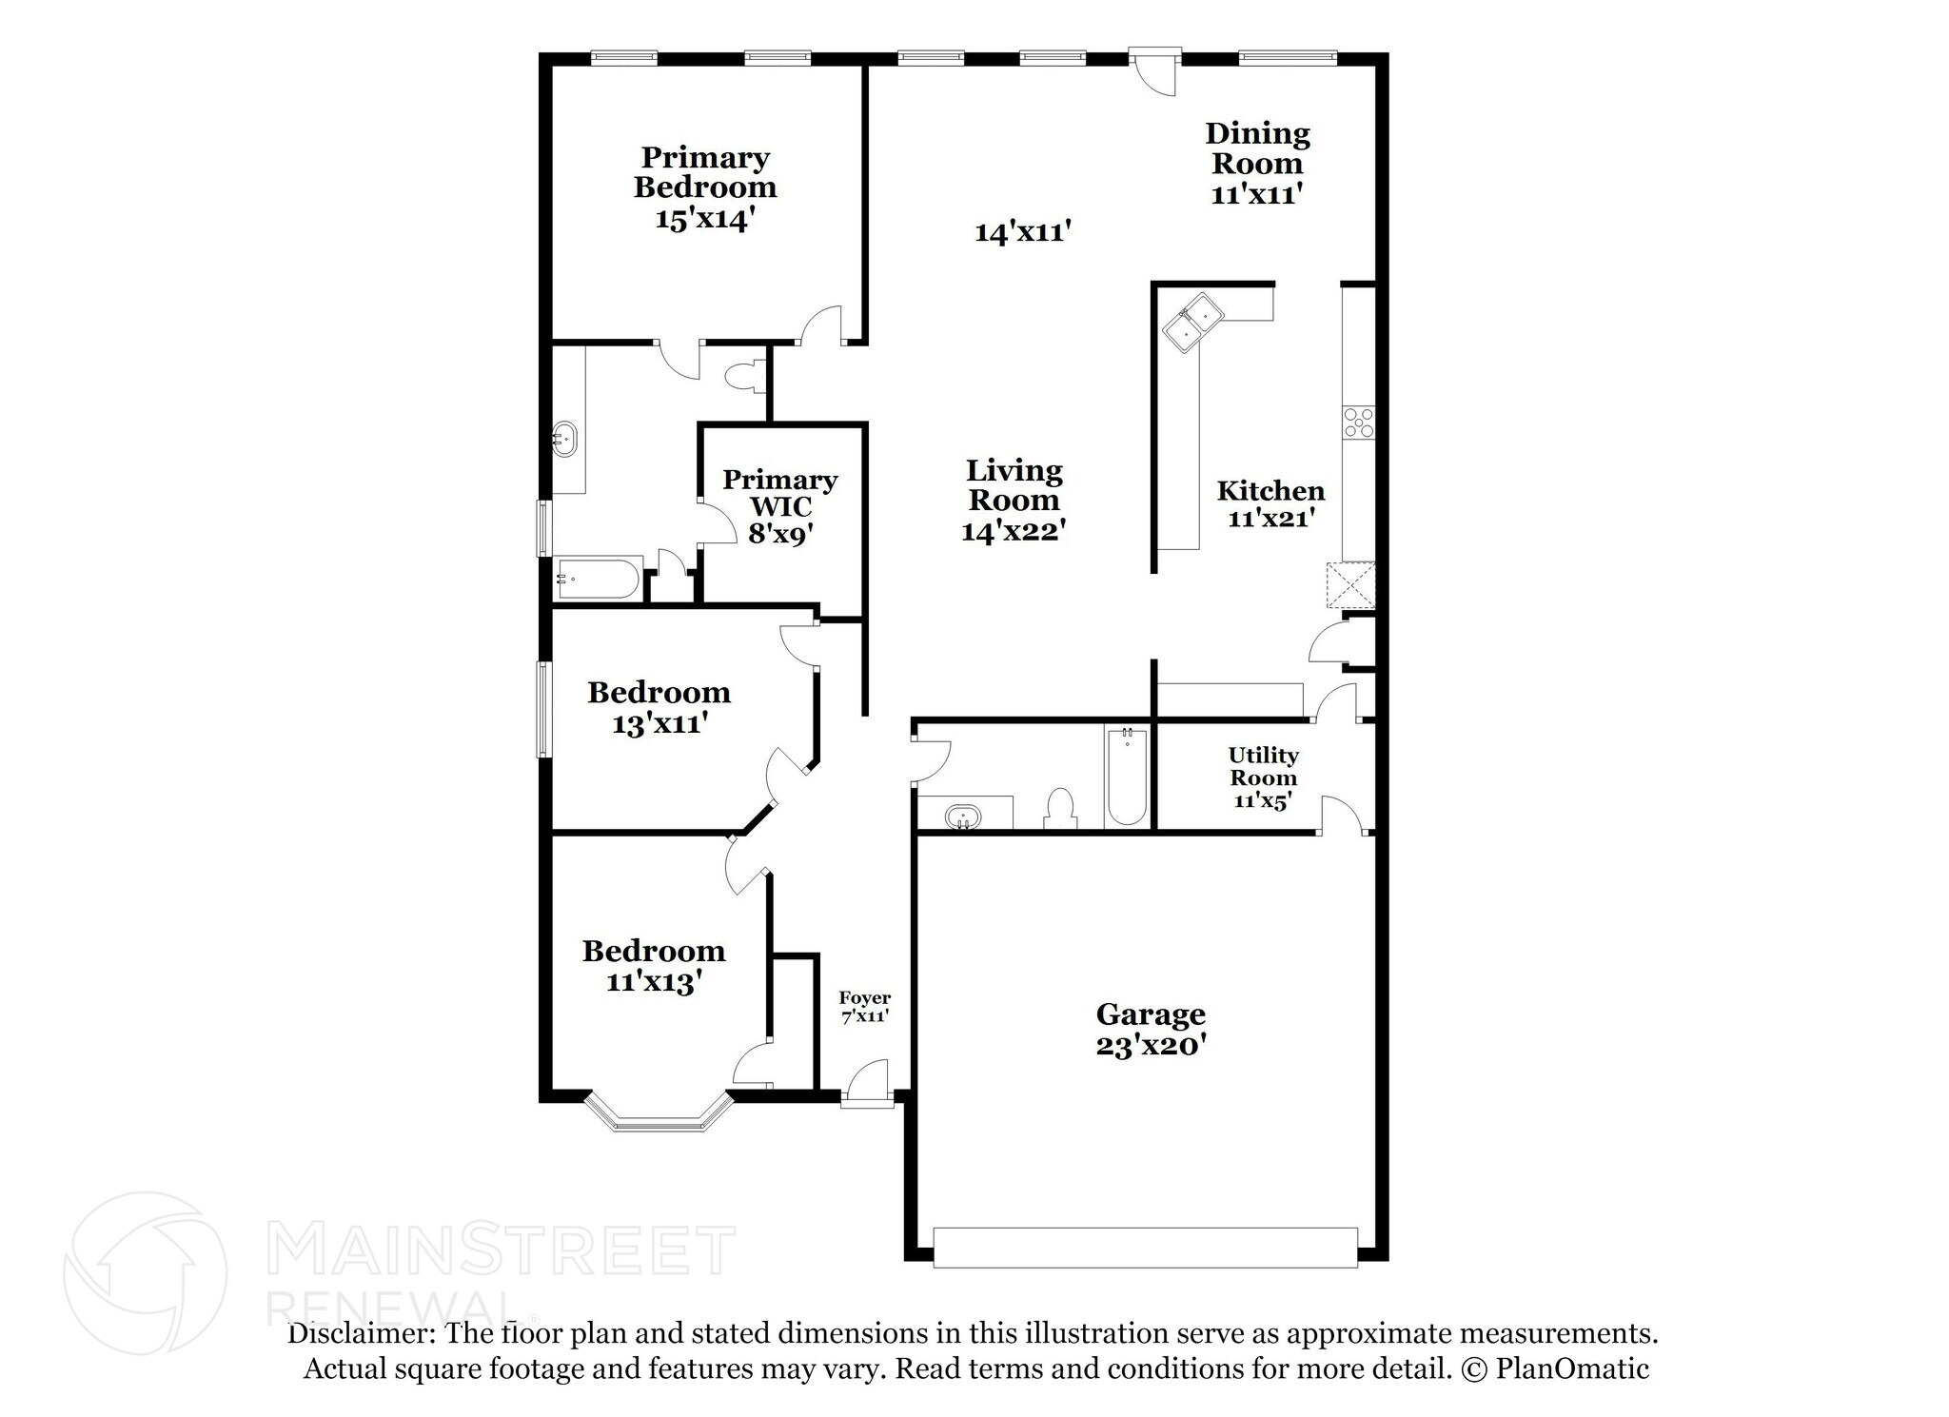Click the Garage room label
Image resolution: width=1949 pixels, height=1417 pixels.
point(1151,1029)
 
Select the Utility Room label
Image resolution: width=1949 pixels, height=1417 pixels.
point(1263,777)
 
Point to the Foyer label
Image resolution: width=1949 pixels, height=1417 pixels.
point(864,1006)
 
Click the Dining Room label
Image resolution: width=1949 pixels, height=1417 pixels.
point(1257,163)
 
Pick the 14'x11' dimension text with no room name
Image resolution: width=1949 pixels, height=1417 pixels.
point(1023,232)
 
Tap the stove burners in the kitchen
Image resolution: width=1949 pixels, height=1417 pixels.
point(1358,422)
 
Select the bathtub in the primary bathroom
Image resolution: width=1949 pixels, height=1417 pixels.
point(599,579)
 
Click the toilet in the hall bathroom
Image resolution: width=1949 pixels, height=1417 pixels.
point(1059,808)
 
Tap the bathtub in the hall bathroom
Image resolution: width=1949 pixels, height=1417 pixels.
point(1127,776)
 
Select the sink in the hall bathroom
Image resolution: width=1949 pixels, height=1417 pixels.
point(963,816)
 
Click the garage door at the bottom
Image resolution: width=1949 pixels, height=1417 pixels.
point(1145,1248)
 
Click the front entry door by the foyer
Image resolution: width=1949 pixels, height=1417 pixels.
point(867,1085)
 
